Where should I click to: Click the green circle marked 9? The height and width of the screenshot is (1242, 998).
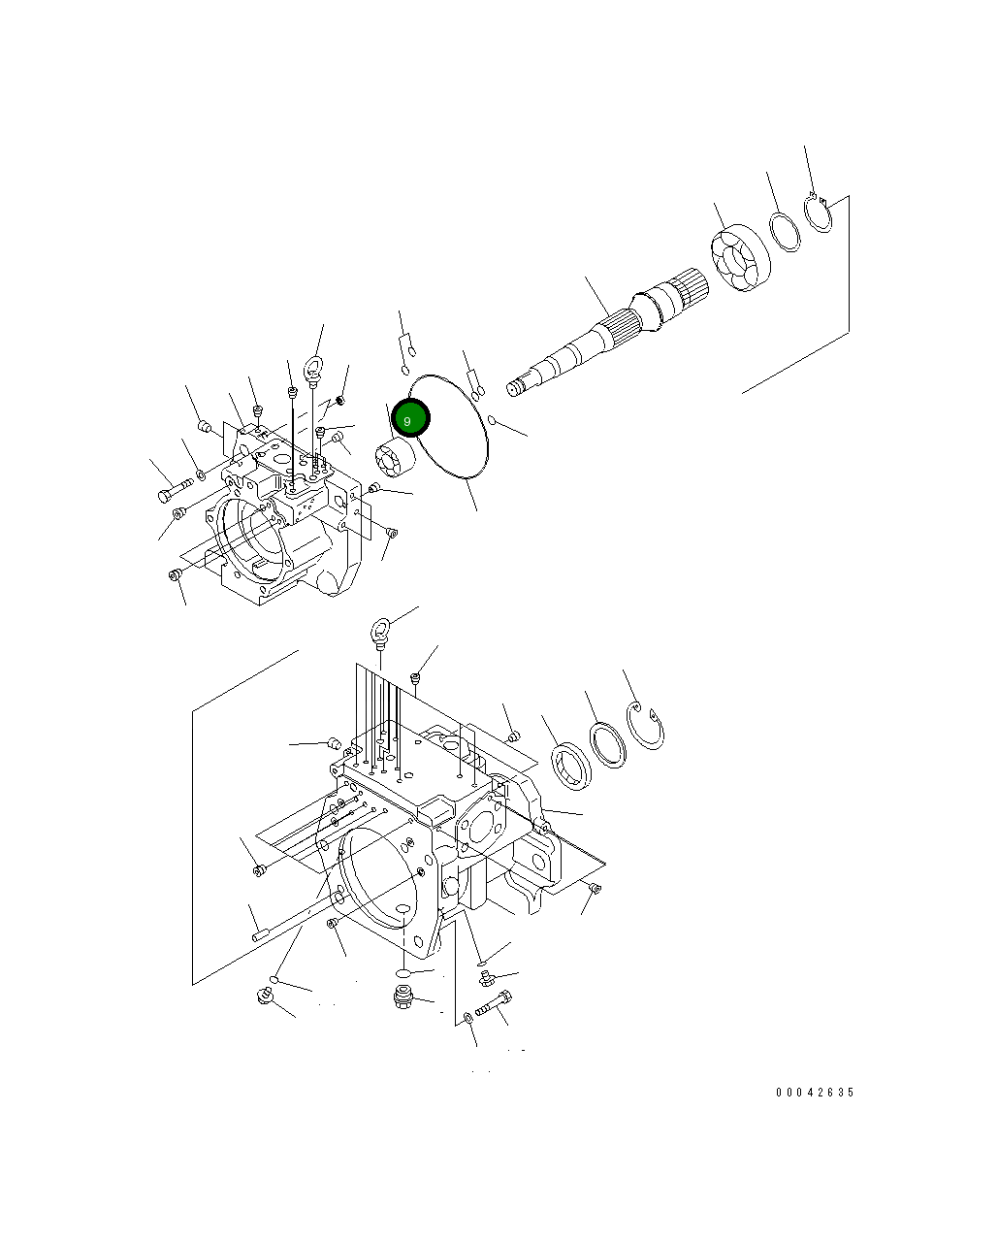point(409,419)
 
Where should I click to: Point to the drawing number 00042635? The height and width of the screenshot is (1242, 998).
point(815,1093)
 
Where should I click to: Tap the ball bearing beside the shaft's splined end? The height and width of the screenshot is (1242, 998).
point(739,259)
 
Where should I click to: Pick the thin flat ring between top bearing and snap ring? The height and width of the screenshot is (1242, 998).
point(785,231)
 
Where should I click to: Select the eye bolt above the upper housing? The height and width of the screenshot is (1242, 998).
point(313,369)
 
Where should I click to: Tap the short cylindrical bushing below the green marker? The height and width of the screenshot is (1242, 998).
point(395,458)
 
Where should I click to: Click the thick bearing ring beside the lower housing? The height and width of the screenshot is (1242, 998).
point(571,763)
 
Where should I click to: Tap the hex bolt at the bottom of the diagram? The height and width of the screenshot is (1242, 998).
point(494,1003)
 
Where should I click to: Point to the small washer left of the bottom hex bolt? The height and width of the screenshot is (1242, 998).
point(468,1017)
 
